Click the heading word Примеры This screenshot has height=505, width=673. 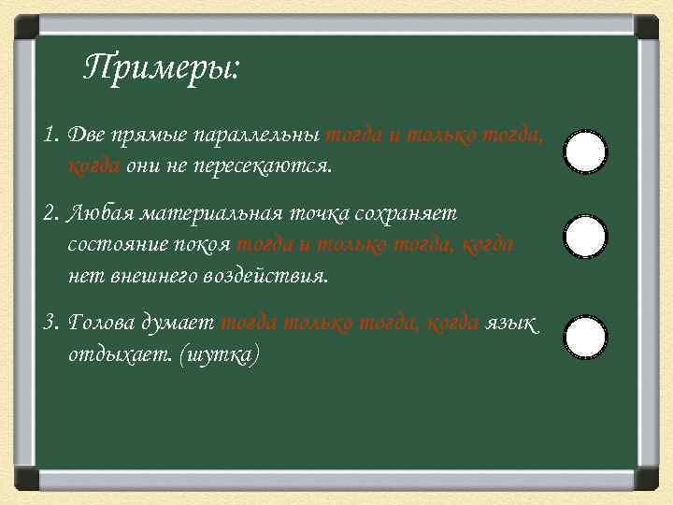point(161,68)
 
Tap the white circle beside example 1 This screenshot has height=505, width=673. point(586,151)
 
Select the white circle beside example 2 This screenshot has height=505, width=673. point(586,238)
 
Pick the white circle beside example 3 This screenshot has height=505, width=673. point(586,337)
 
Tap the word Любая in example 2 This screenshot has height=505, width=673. point(103,214)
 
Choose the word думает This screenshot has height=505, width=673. point(179,324)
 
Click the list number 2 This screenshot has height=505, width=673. point(50,214)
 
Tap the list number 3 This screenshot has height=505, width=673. point(50,324)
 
